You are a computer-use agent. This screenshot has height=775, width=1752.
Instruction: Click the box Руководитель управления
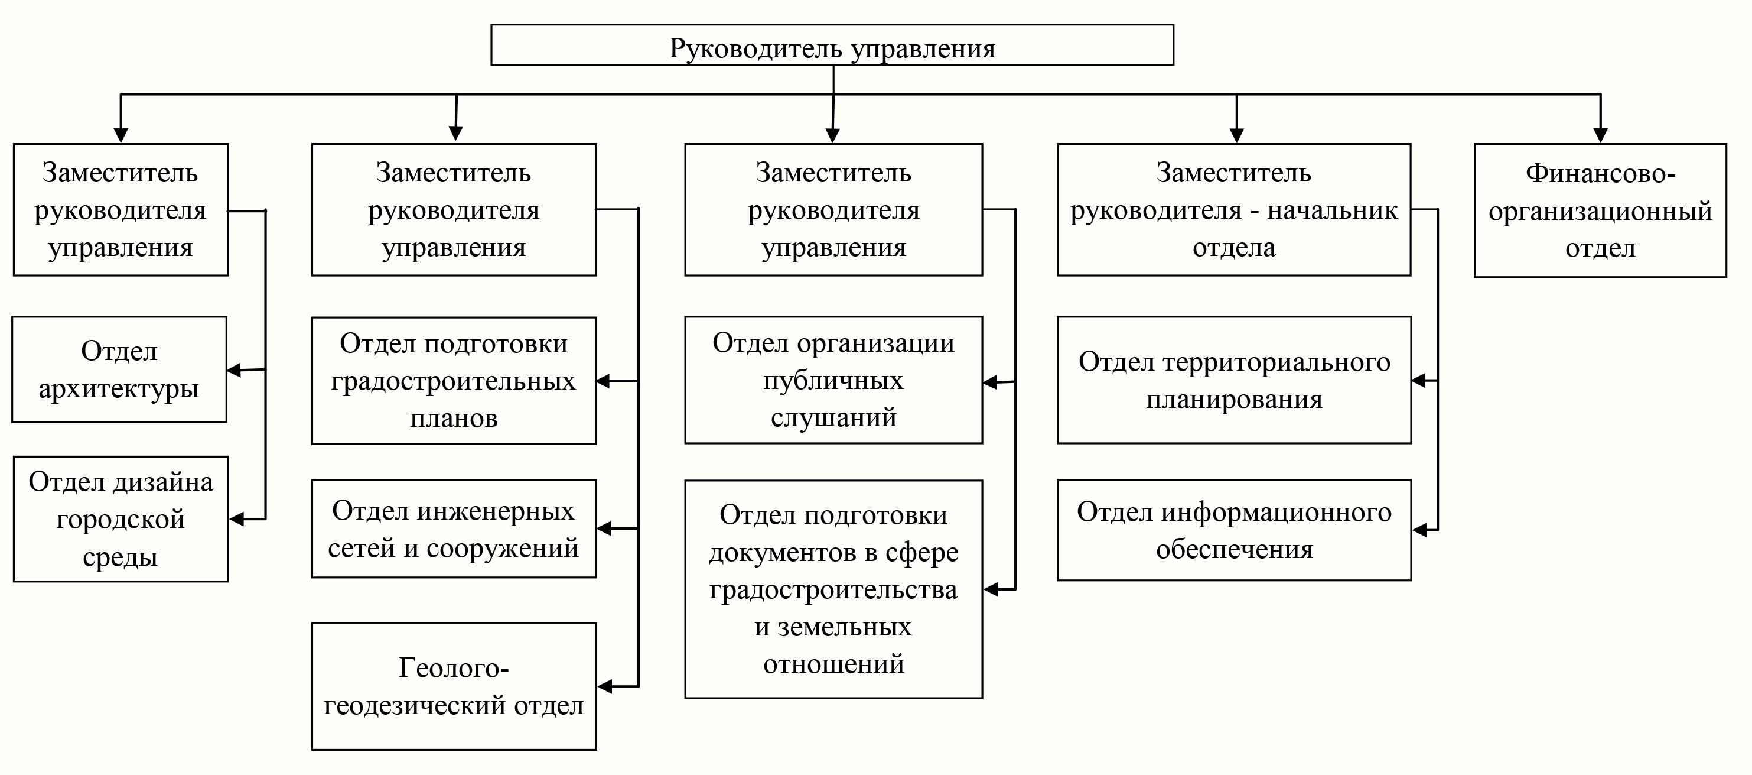(832, 45)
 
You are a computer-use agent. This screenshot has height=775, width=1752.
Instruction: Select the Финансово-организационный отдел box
(1600, 210)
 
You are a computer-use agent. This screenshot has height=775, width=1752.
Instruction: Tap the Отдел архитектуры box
(119, 369)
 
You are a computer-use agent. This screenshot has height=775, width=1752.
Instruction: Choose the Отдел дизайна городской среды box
(121, 518)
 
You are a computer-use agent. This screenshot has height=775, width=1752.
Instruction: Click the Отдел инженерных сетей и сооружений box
(454, 528)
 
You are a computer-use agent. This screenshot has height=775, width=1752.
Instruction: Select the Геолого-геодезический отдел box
(454, 686)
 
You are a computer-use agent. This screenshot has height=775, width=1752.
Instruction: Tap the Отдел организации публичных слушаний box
(833, 380)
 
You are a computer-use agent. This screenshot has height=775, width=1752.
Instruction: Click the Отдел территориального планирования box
(1234, 380)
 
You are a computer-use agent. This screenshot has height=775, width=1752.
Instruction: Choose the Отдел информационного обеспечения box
(1234, 530)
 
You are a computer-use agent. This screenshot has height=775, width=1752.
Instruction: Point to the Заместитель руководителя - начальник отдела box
(1234, 210)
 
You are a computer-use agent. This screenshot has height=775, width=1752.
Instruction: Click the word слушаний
(833, 417)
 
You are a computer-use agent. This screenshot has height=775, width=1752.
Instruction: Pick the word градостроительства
(833, 589)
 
